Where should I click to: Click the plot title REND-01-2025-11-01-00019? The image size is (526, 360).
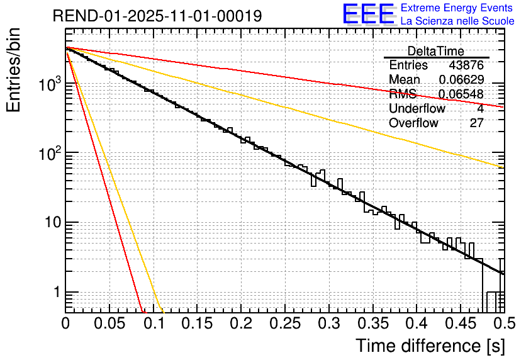coord(157,16)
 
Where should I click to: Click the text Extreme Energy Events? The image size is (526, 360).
coord(457,8)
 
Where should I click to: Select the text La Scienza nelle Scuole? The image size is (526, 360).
coord(457,21)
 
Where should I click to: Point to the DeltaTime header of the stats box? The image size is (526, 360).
coord(436,52)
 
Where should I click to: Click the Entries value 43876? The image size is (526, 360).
coord(466,65)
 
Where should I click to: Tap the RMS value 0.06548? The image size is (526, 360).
coord(461,94)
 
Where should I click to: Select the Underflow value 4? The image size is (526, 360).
coord(480,109)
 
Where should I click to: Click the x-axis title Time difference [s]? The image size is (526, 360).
coord(430,346)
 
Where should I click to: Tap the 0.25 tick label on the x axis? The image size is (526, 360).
coord(285,324)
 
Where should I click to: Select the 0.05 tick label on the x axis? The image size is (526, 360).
coord(109,324)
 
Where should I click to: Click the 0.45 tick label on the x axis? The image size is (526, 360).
coord(459,324)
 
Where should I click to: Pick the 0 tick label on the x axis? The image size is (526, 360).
coord(66,324)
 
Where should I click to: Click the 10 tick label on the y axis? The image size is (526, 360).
coord(48,223)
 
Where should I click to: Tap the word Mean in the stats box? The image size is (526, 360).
coord(405,80)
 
